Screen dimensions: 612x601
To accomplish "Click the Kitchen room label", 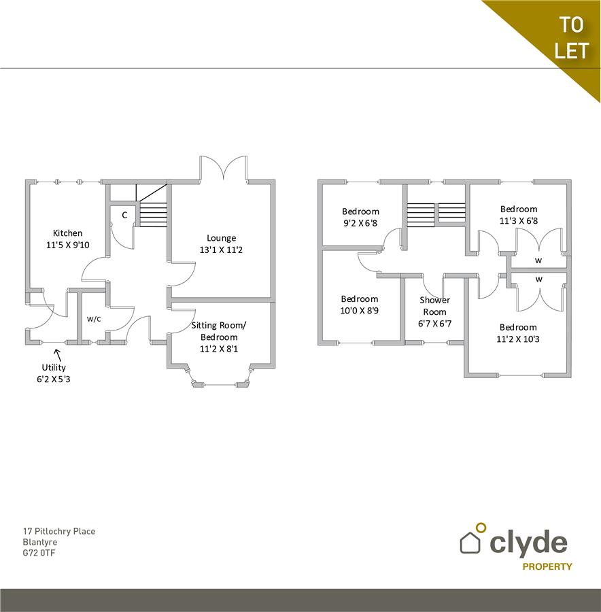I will click(x=67, y=233).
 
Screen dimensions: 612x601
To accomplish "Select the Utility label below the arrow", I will click(x=54, y=367).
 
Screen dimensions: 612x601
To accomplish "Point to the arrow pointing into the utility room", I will click(x=58, y=354).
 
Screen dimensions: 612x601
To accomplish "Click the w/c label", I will click(x=94, y=318).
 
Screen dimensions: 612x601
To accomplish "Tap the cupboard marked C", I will click(x=124, y=215).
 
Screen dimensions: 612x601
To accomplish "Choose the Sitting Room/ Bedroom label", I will click(x=218, y=331).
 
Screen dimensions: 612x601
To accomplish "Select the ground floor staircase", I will click(x=153, y=211).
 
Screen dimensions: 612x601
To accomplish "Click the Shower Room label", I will click(x=434, y=306).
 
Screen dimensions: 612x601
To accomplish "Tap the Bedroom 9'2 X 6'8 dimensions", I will click(x=360, y=223).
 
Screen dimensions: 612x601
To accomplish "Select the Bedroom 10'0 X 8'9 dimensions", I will click(x=359, y=311).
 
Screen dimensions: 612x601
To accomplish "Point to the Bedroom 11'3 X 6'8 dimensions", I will click(x=519, y=220).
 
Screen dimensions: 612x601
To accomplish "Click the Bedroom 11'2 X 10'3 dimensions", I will click(x=518, y=339).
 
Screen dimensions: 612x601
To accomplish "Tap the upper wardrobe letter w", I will click(x=538, y=260).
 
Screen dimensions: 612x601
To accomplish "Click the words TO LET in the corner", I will click(x=570, y=37).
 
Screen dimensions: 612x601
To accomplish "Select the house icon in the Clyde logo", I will click(x=470, y=542).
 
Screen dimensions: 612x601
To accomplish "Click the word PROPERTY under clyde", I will click(x=547, y=566).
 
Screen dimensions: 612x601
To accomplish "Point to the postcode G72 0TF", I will click(x=38, y=554).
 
